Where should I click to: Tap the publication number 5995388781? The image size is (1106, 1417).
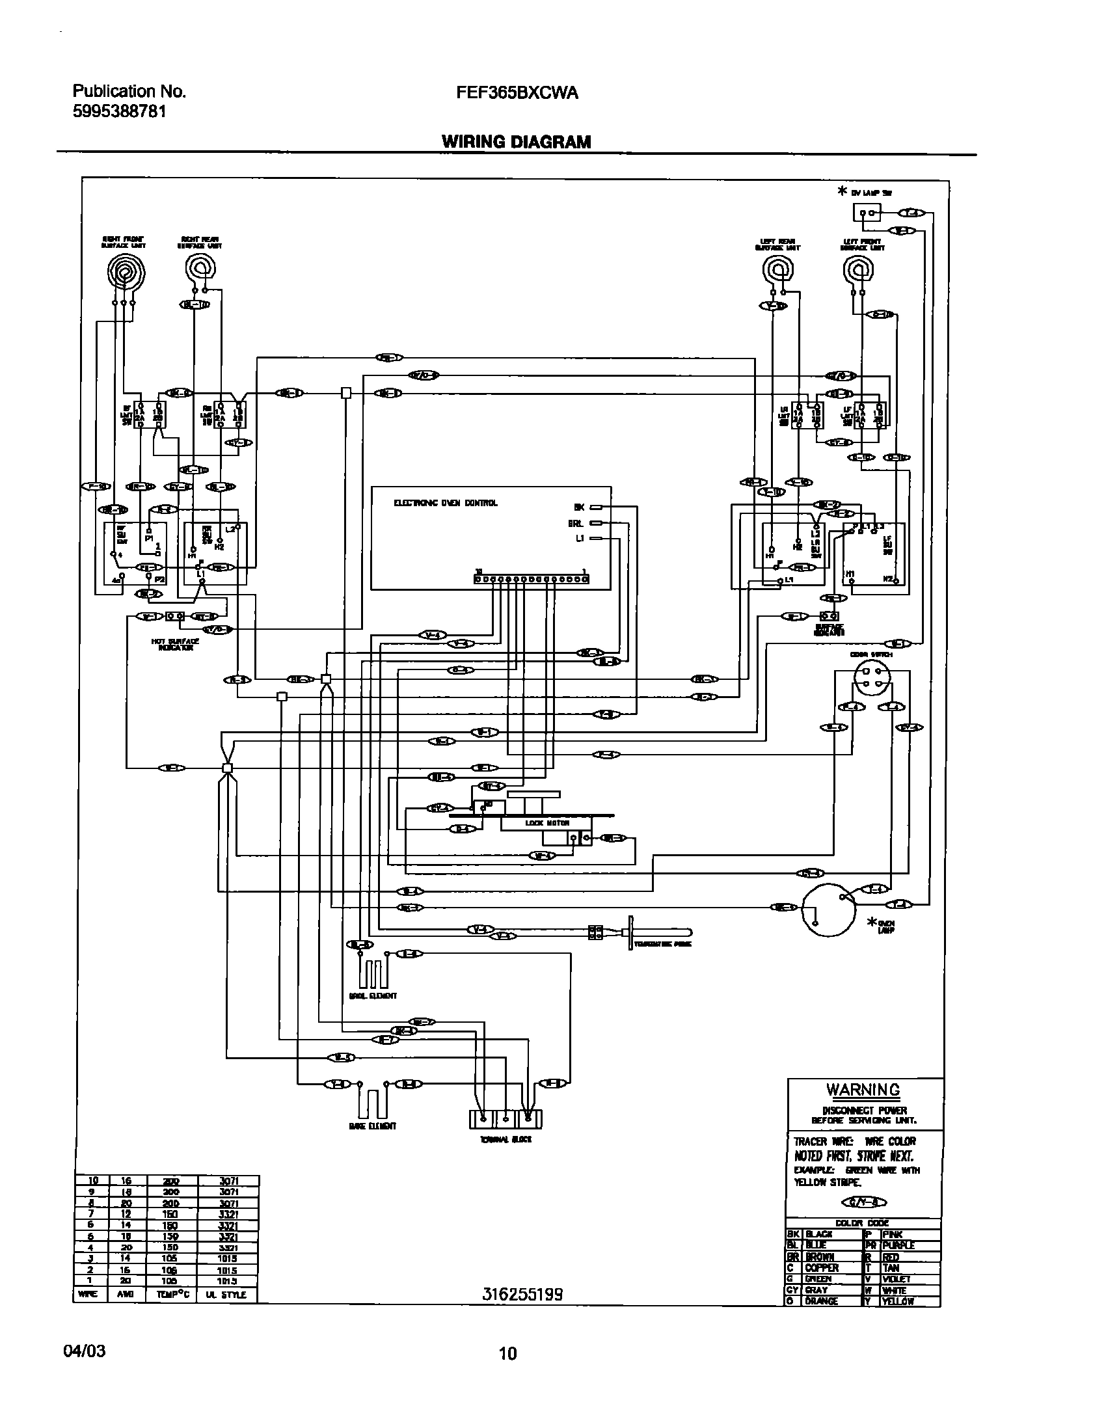(x=119, y=112)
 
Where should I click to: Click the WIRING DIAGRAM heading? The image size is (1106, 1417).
(x=517, y=142)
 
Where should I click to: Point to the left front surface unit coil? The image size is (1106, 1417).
(x=858, y=269)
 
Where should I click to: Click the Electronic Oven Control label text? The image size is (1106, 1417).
(x=446, y=503)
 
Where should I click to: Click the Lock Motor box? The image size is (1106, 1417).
(x=537, y=823)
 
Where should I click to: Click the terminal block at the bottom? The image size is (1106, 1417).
(x=505, y=1119)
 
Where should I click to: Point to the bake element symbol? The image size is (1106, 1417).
(x=372, y=1102)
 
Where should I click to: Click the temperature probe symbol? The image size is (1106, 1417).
(x=657, y=932)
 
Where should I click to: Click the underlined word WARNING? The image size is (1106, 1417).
(x=863, y=1089)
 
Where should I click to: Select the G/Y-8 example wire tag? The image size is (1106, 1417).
(x=863, y=1202)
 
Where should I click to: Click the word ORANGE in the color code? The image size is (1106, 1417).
(x=822, y=1301)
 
